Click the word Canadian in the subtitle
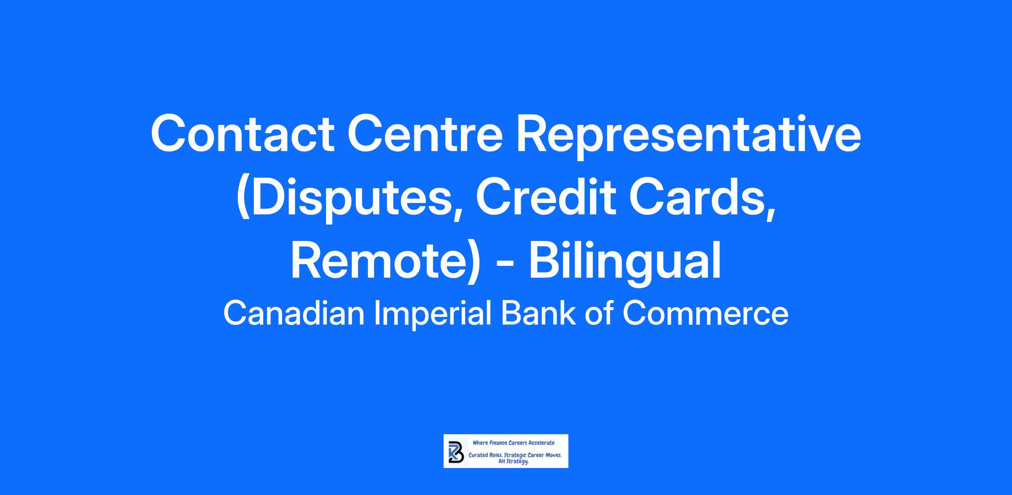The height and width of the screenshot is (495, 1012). (x=293, y=314)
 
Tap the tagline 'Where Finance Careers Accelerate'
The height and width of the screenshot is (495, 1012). (x=514, y=443)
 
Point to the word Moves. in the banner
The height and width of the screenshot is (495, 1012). (x=554, y=456)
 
